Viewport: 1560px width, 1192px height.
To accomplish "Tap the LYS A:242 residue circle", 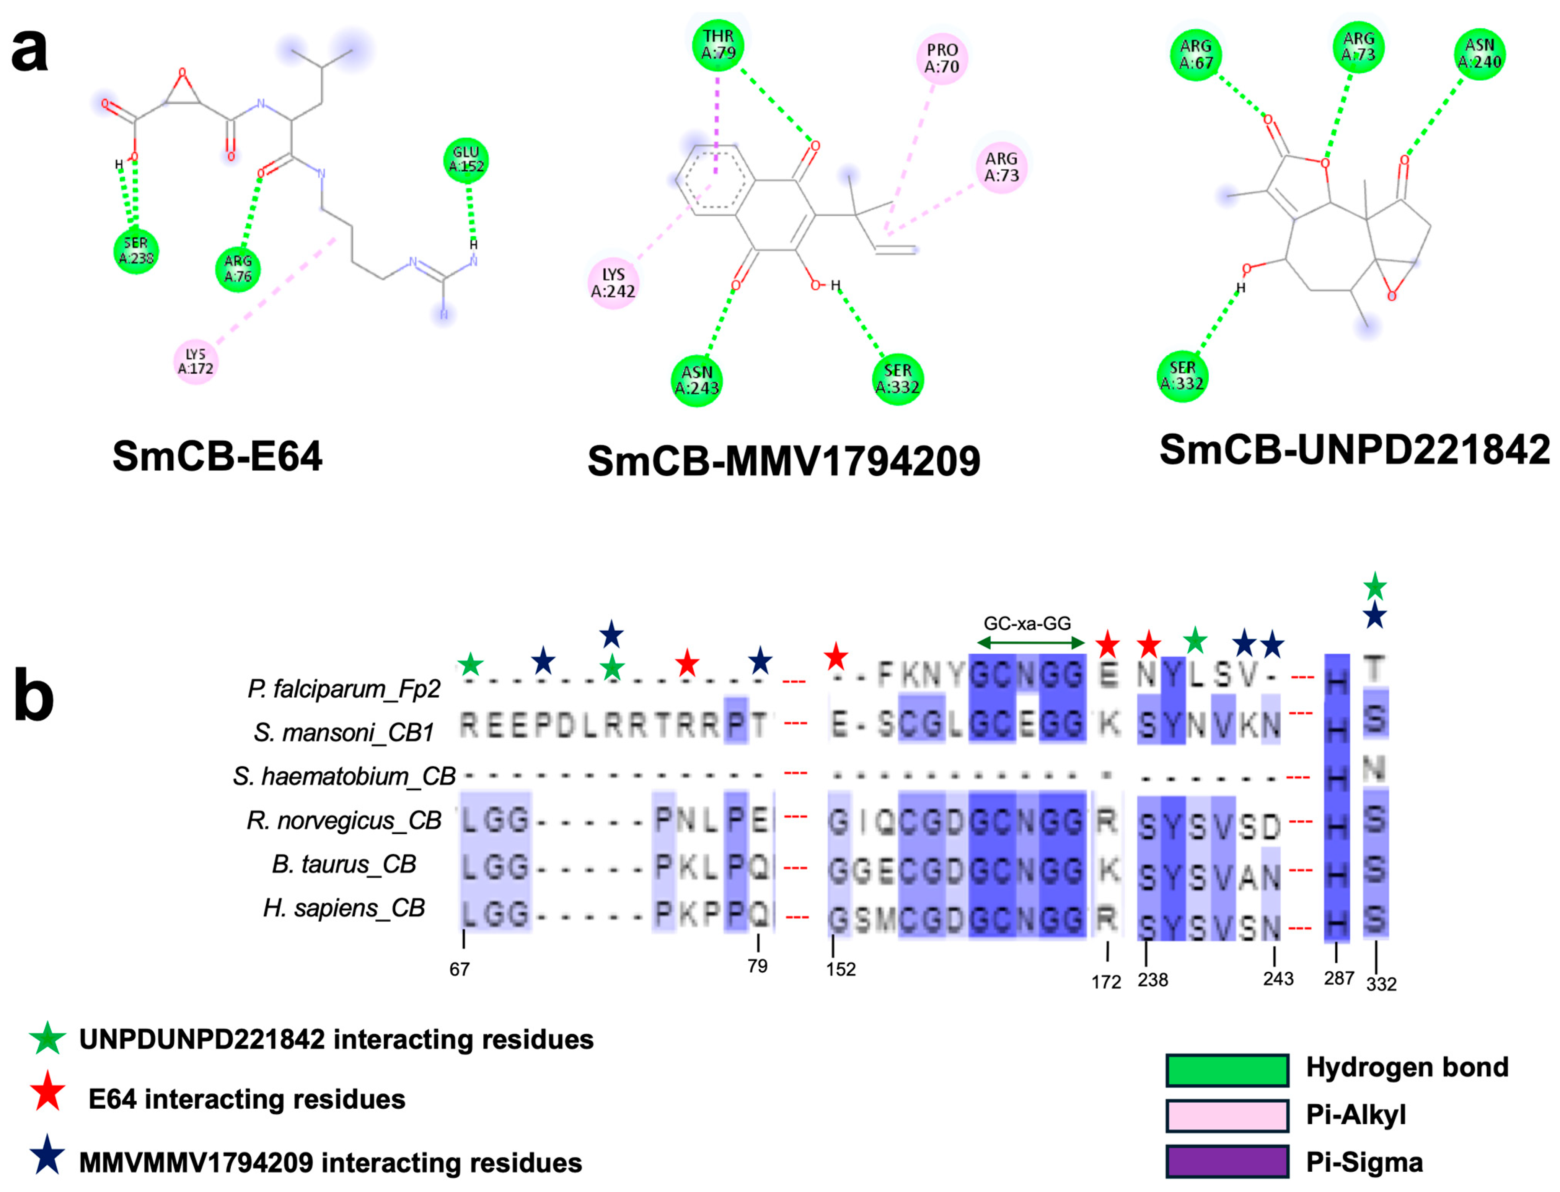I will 613,283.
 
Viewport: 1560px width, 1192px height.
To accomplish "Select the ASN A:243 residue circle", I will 696,381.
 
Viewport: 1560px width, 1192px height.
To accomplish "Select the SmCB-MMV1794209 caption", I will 784,461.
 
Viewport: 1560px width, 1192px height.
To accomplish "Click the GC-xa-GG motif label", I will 1027,624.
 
